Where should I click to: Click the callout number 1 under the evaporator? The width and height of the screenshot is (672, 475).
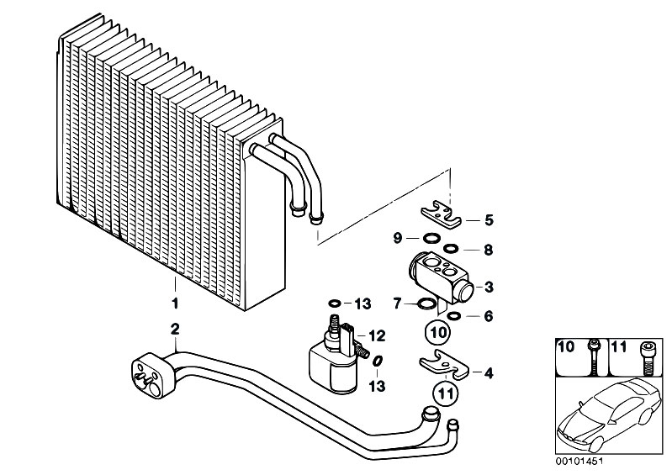[175, 303]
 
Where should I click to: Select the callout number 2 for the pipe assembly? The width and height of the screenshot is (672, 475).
[175, 330]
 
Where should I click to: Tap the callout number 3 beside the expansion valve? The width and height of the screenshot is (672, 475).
[489, 287]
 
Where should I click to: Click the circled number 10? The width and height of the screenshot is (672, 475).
[437, 332]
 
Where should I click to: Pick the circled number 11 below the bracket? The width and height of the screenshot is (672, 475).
[446, 393]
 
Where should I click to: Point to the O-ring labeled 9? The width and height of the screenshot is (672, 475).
[431, 238]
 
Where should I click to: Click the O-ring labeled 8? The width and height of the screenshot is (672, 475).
[451, 248]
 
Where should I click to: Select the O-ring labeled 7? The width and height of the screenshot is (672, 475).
[426, 303]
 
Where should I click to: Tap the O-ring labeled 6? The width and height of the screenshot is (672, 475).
[453, 316]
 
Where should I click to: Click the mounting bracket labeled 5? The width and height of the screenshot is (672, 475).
[441, 216]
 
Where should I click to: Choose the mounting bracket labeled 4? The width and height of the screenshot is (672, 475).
[443, 366]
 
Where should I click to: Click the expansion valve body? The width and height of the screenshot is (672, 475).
[441, 277]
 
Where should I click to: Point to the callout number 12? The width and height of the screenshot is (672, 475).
[377, 336]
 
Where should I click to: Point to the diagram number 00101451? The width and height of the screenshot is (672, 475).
[579, 462]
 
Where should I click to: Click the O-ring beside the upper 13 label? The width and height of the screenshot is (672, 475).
[335, 303]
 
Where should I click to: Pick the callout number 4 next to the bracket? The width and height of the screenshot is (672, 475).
[489, 373]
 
